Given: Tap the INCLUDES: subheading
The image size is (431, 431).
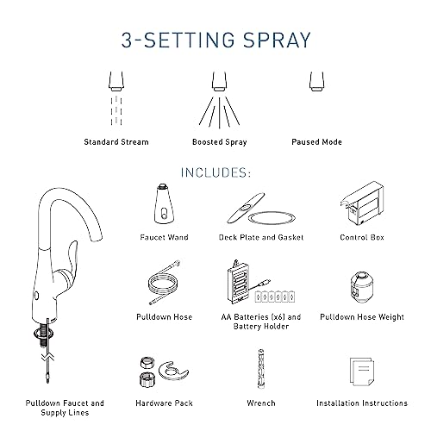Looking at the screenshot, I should pos(215,172).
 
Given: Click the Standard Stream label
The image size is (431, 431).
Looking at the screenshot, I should pos(117,142).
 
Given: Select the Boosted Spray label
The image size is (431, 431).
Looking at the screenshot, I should pos(215,142).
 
